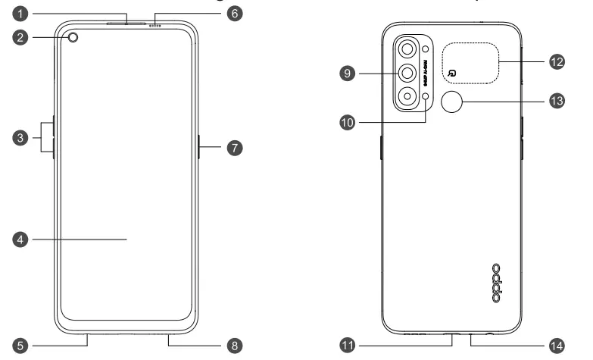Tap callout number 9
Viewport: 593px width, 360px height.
tap(348, 73)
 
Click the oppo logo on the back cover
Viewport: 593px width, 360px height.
tap(496, 283)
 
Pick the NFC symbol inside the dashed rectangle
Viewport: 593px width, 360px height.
tap(451, 73)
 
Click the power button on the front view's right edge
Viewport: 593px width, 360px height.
tap(198, 147)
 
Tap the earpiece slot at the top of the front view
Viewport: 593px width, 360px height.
tap(125, 23)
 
